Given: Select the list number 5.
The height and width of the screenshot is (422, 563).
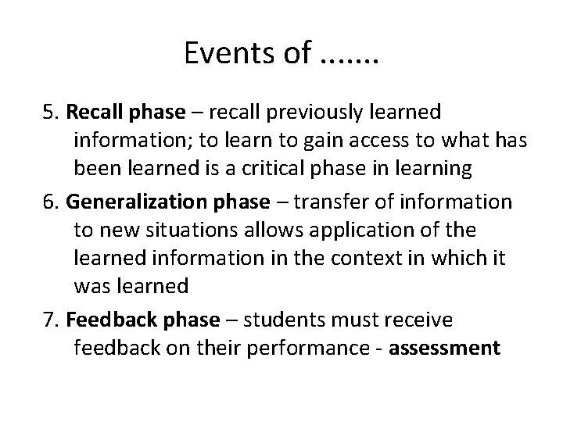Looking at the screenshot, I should pos(49,113).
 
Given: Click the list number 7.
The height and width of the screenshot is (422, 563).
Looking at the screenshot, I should pos(50,319).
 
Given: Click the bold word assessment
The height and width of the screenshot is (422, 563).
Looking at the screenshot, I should pos(444,348).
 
